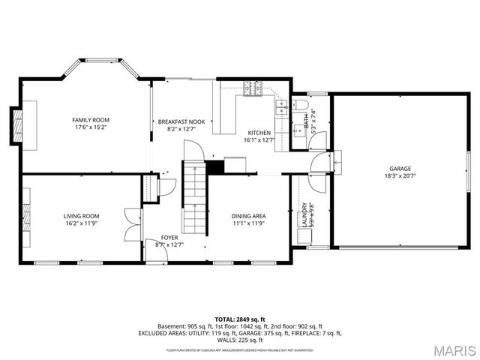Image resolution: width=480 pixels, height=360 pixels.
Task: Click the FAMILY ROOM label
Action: (90, 120)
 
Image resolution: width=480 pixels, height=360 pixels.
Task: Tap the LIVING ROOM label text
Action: (81, 216)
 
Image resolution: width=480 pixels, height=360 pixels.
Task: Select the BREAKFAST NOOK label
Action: (181, 121)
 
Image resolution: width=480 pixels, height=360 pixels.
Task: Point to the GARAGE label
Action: (400, 169)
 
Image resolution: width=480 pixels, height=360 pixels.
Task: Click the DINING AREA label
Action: (248, 216)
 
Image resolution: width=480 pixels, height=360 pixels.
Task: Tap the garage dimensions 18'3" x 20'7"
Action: (400, 176)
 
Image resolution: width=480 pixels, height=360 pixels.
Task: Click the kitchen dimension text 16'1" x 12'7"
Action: (259, 140)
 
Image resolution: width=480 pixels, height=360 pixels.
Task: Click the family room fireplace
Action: (16, 126)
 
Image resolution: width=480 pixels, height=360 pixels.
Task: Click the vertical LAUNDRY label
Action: (303, 214)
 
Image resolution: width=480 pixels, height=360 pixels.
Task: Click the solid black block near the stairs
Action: (215, 166)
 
